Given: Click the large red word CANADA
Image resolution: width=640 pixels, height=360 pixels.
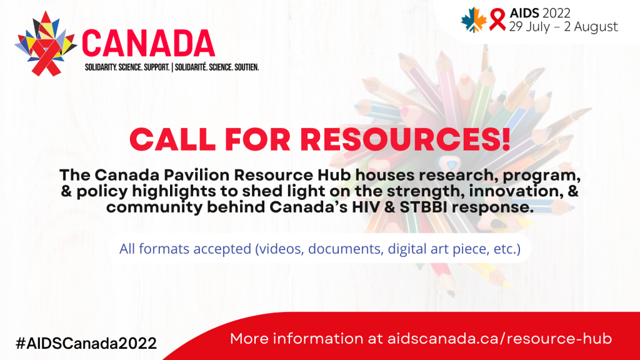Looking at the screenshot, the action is [x=149, y=43].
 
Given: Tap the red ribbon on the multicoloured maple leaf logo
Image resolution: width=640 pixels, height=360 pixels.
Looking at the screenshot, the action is [x=46, y=57].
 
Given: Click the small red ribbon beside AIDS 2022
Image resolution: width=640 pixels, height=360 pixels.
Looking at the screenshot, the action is [x=497, y=20].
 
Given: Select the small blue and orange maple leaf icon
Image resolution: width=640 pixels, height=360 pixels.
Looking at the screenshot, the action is [x=474, y=20].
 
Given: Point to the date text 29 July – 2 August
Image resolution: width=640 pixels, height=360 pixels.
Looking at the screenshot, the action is [x=563, y=26].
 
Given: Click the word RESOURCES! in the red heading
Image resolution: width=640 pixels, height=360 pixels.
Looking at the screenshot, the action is [x=405, y=139].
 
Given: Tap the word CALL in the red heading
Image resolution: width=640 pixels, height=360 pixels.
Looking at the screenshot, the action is [x=172, y=139].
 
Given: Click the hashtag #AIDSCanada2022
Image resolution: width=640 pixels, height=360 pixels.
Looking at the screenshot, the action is [x=86, y=343].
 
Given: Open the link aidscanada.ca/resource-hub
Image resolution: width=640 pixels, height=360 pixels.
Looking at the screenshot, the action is [x=499, y=339].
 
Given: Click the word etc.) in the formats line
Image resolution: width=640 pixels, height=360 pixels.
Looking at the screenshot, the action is [x=507, y=249].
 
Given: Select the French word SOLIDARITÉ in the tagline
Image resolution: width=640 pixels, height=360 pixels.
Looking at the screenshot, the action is [x=191, y=67].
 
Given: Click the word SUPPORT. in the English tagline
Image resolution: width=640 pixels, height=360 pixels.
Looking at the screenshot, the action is [x=157, y=67].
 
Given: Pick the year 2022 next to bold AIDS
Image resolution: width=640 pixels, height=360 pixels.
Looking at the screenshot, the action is [x=556, y=13].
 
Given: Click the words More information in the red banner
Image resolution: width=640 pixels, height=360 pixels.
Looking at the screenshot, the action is [x=297, y=339].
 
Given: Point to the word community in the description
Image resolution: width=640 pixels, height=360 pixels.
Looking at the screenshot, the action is [x=154, y=207].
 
